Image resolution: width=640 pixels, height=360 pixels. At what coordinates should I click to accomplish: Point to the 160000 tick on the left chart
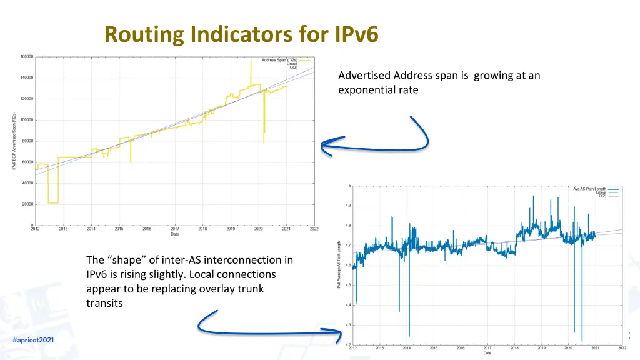pos(26,57)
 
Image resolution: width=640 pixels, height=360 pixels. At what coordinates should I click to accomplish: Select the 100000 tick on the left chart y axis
pos(26,120)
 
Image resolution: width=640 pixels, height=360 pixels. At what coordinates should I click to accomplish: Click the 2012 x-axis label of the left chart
pos(36,229)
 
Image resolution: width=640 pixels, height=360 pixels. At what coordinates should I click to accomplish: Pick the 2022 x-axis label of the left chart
pos(314,229)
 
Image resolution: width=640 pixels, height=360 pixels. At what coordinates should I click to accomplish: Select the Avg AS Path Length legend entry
pos(589,189)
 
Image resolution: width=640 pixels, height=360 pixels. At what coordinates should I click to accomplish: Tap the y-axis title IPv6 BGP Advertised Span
pos(14,141)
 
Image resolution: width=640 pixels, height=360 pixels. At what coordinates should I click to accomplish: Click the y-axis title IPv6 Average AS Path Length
pos(339,265)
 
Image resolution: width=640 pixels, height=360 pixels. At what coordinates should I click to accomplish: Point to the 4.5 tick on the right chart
pos(347,286)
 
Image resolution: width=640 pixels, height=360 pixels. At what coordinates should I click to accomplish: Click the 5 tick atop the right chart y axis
pos(349,185)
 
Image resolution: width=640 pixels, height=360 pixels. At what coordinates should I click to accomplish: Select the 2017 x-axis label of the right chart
pos(487,348)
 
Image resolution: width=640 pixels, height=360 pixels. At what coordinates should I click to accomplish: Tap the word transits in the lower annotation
pos(104,303)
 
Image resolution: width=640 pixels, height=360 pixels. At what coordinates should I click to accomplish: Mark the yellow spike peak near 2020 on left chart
pos(251,60)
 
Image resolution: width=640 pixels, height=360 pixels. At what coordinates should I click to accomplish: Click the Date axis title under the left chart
pos(175,235)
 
